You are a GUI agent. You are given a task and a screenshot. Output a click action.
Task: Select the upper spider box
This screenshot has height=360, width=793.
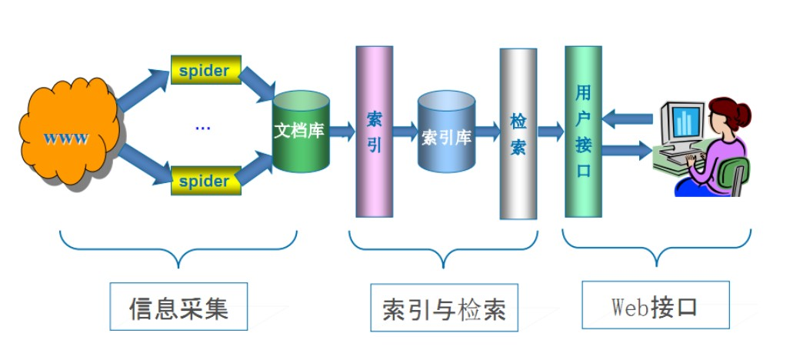205,70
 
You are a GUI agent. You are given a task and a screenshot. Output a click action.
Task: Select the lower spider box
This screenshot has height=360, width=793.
205,181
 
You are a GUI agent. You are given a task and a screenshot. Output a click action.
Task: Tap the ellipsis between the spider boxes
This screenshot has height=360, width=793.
202,125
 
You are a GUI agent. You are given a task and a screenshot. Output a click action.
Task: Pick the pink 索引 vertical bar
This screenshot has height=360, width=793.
375,131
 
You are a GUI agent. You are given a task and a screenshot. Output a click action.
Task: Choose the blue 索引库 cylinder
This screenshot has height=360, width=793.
446,132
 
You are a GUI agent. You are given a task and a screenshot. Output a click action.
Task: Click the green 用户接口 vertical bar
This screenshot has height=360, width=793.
583,131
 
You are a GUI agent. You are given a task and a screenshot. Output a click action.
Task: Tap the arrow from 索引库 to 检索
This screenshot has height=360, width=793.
487,132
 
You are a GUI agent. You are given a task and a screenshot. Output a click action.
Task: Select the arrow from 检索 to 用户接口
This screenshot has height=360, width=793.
550,132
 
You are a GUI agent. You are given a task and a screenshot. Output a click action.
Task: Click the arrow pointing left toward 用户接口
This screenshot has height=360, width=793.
627,118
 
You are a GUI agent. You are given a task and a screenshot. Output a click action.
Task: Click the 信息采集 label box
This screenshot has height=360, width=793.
178,306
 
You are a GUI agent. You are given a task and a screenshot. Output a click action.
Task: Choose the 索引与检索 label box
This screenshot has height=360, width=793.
444,308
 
